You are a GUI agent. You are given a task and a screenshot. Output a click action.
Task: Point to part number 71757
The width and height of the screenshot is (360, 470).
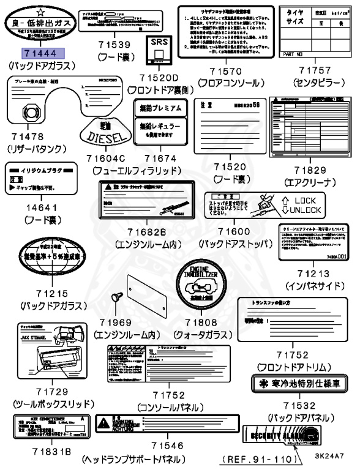click(312, 71)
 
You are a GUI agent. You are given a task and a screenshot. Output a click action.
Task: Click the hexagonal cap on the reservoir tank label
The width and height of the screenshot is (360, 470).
click(29, 111)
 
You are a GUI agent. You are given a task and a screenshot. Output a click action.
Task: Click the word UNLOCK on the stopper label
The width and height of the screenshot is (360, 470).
click(305, 211)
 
